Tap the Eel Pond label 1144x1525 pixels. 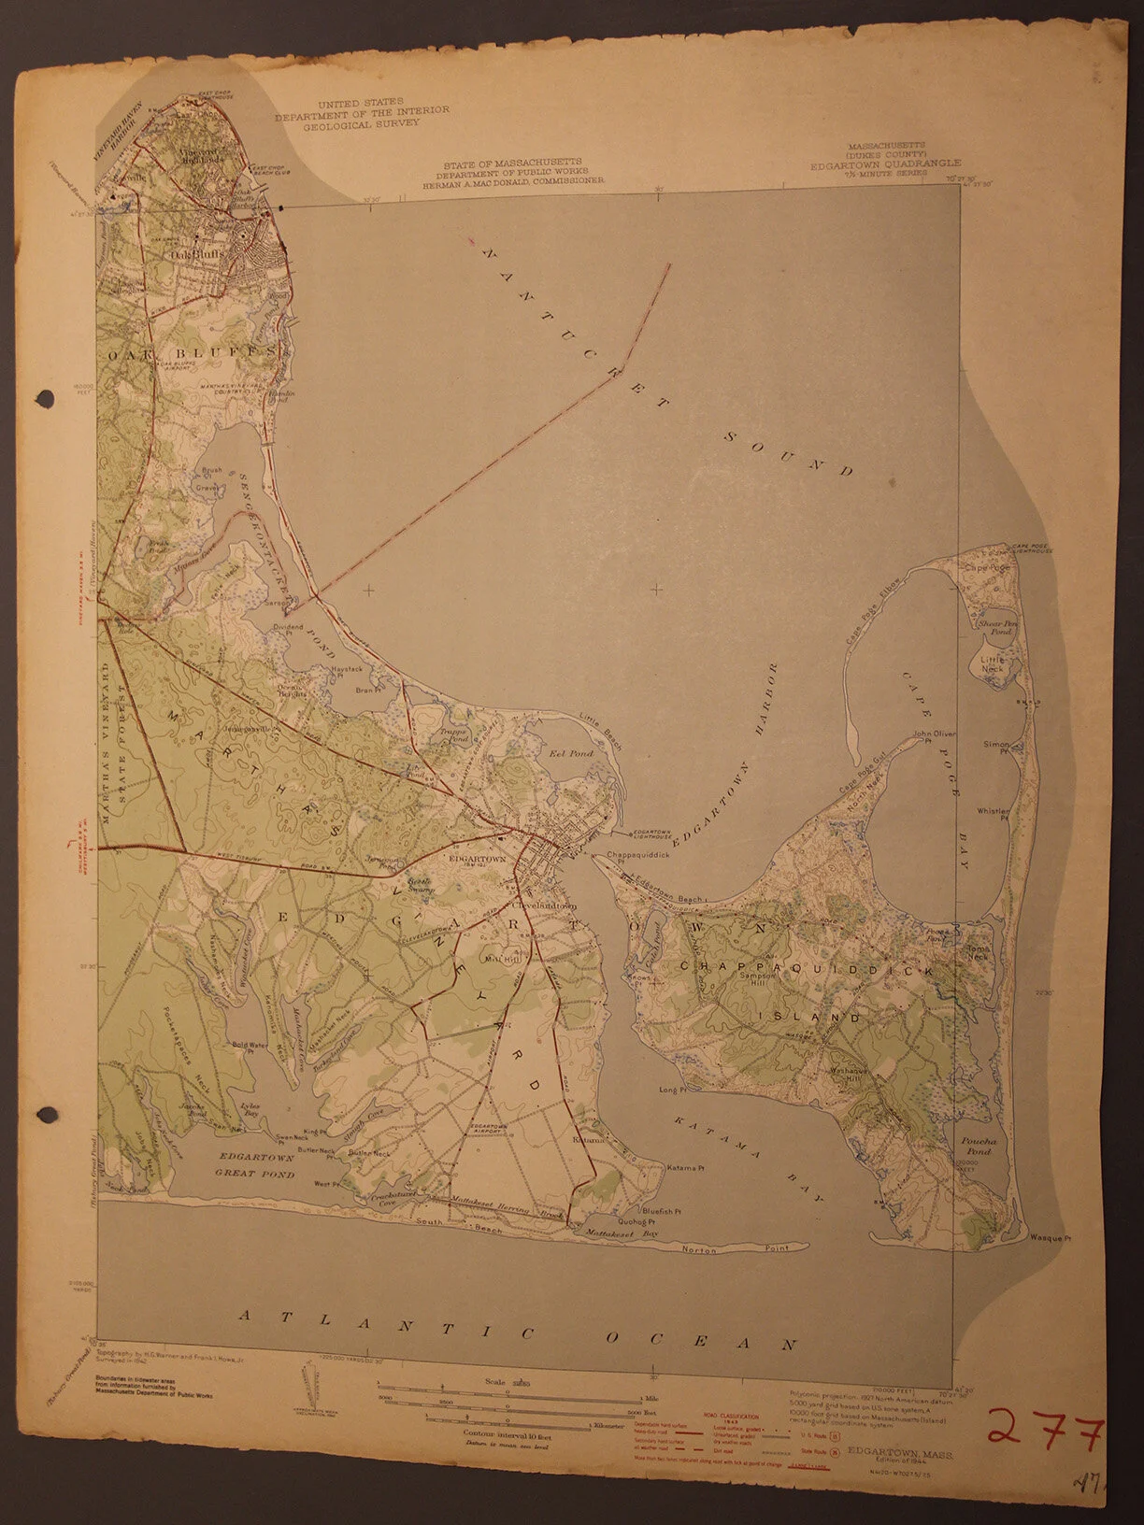pyautogui.click(x=560, y=753)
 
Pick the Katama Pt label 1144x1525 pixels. pyautogui.click(x=685, y=1168)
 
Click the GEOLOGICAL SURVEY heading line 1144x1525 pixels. pyautogui.click(x=362, y=120)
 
